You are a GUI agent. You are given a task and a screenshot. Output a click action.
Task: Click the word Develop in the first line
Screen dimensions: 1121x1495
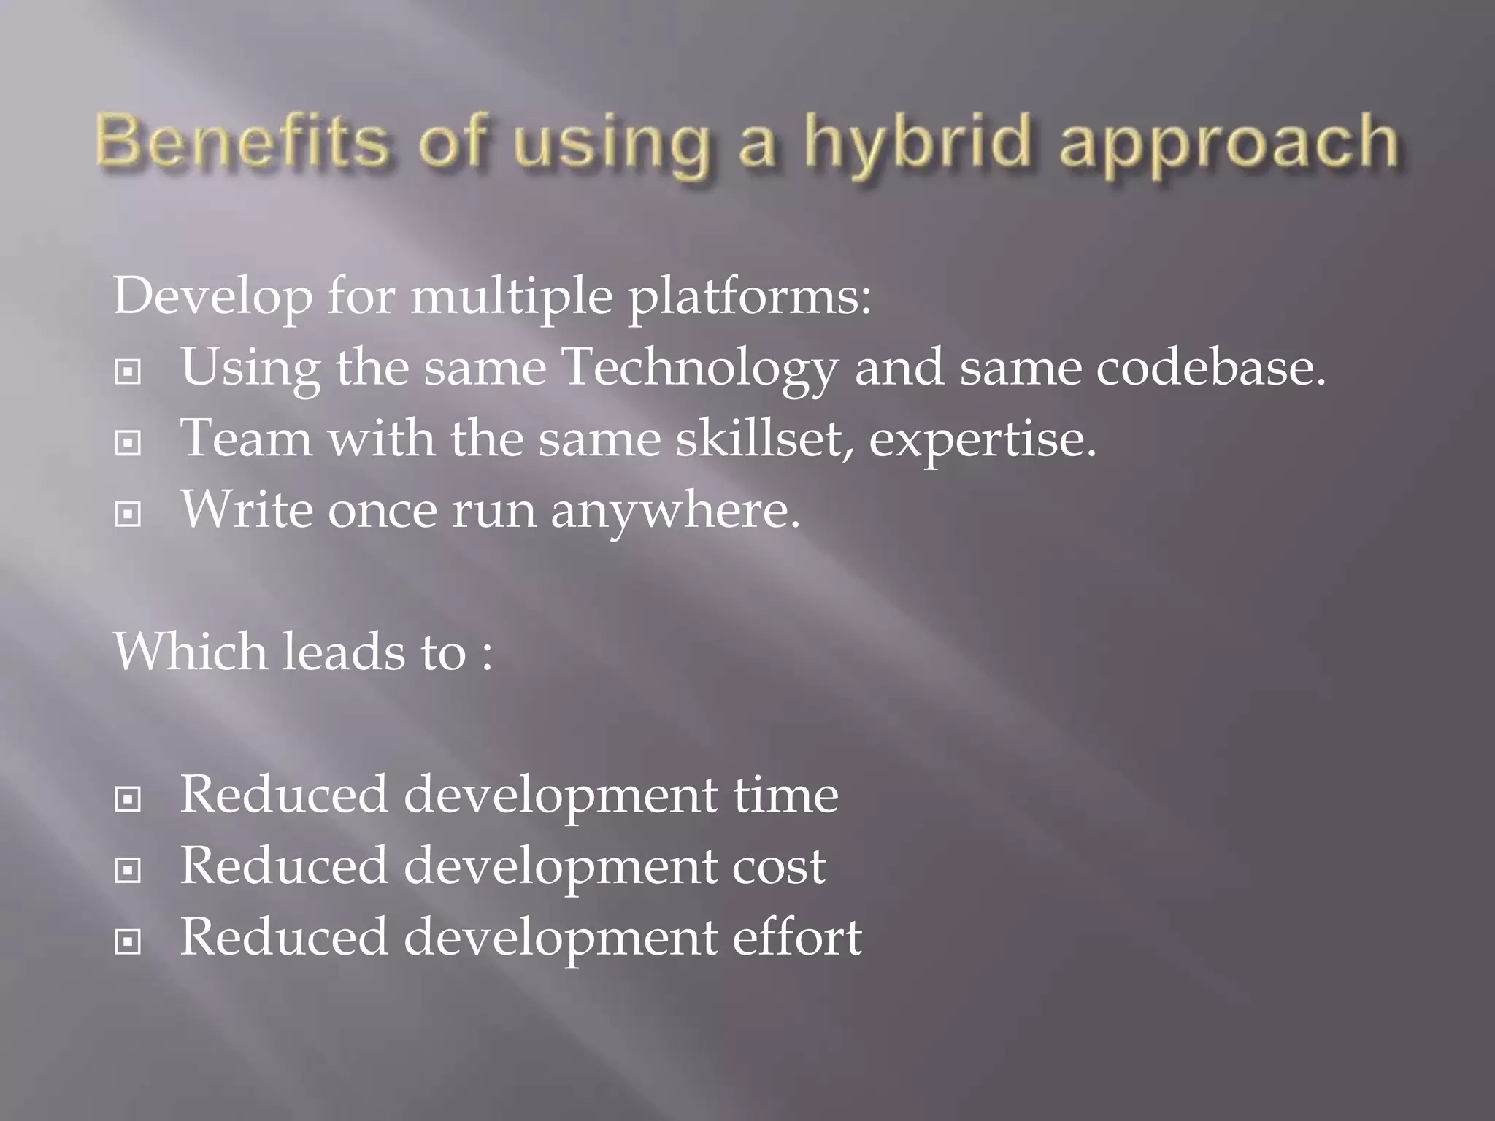pyautogui.click(x=212, y=298)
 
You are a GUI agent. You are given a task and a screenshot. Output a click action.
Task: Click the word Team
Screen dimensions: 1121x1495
pyautogui.click(x=246, y=439)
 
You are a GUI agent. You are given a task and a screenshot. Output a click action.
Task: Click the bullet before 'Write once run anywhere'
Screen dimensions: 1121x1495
pyautogui.click(x=128, y=515)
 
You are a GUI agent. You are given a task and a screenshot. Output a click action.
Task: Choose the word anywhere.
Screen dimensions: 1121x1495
pyautogui.click(x=675, y=511)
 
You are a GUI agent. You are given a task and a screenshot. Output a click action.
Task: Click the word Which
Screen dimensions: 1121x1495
pyautogui.click(x=191, y=651)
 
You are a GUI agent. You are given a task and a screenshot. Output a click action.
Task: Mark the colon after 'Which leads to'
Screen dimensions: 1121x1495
pyautogui.click(x=487, y=654)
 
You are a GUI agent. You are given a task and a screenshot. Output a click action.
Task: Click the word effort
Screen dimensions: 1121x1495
pyautogui.click(x=797, y=937)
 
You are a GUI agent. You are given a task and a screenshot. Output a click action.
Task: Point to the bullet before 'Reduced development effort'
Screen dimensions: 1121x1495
pyautogui.click(x=128, y=942)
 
